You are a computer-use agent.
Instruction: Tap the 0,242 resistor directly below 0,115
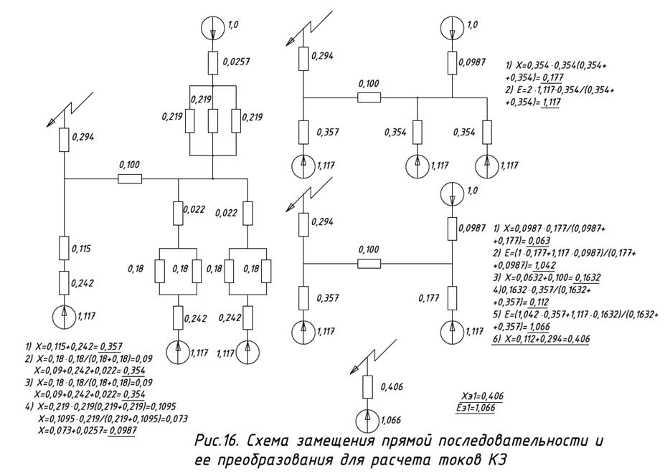coord(65,282)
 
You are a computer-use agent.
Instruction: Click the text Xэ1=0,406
coord(482,396)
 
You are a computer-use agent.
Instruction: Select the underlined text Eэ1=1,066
coord(482,406)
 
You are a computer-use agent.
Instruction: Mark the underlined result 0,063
coord(524,242)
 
